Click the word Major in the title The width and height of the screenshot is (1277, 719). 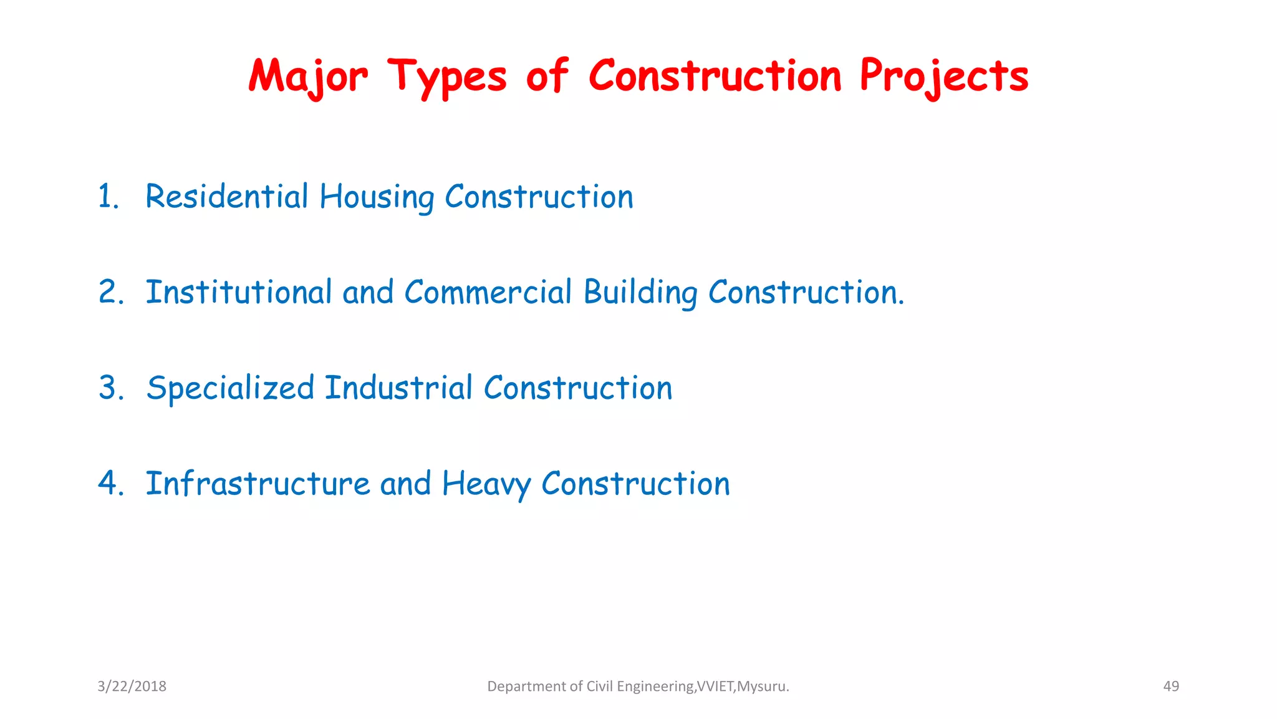click(x=308, y=77)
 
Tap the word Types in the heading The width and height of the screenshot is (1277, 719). click(x=447, y=77)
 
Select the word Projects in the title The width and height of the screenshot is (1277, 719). click(x=944, y=77)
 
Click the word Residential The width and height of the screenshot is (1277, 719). click(x=227, y=197)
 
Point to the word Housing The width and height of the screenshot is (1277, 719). click(x=377, y=197)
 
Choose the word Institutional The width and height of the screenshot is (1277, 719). click(x=238, y=292)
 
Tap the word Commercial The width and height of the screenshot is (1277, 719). click(x=488, y=292)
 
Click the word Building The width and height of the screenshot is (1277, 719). click(x=640, y=293)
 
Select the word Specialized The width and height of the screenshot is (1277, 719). click(x=230, y=388)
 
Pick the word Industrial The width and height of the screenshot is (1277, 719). click(x=398, y=388)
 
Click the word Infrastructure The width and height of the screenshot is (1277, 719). click(x=258, y=484)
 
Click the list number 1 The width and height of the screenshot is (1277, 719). click(x=108, y=197)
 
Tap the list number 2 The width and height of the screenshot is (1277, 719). click(x=110, y=292)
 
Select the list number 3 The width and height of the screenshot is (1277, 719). click(x=110, y=388)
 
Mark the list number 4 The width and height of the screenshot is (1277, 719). click(x=110, y=484)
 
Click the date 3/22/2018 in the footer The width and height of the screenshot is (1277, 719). click(x=132, y=687)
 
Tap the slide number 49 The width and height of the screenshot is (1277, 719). click(x=1171, y=687)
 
